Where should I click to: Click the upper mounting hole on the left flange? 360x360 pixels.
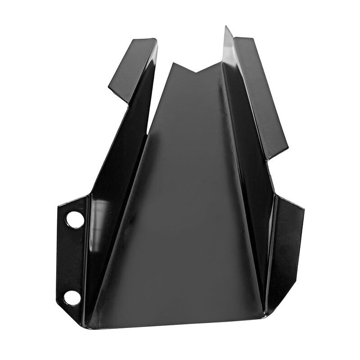pos(75,220)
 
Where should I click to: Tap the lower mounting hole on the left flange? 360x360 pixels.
pos(72,297)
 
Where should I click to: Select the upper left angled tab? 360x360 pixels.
pos(133,67)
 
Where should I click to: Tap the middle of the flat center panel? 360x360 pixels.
pos(189,202)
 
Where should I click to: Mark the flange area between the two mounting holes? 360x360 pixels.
pos(72,259)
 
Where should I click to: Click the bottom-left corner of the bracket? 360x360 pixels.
pos(83,325)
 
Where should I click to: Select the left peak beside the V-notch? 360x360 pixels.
pos(172,63)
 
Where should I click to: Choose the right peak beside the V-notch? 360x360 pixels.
pos(221,63)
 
